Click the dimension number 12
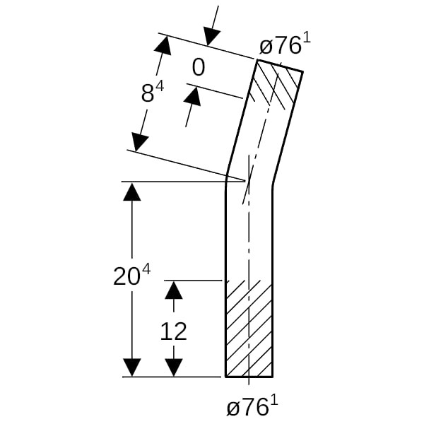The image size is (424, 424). pos(173,331)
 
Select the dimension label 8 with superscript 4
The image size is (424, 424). pos(153,92)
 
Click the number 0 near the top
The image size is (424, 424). pos(198,68)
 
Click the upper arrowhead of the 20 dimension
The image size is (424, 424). pos(132,192)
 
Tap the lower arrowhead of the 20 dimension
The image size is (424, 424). pos(132,367)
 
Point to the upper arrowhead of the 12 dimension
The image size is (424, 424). pos(174,290)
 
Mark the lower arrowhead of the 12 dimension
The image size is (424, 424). pos(174,367)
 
